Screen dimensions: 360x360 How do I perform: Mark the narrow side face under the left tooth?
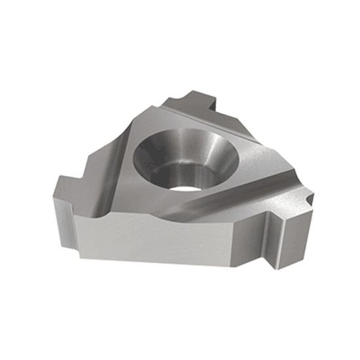tap(62, 216)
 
